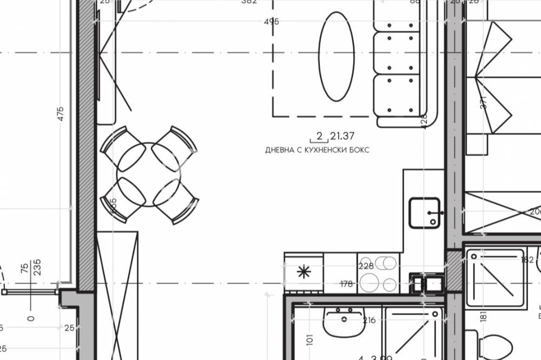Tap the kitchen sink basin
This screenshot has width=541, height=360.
(x=424, y=212)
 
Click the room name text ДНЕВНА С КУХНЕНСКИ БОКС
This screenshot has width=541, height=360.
(x=317, y=150)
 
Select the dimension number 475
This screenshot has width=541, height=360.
(x=60, y=114)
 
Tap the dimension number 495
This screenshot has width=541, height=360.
(x=272, y=22)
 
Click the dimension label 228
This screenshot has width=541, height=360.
(x=366, y=265)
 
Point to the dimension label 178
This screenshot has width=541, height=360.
(x=346, y=284)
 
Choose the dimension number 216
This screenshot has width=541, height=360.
(x=369, y=321)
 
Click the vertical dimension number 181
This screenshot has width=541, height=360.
(x=483, y=315)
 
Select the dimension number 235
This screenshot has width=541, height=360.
(x=37, y=267)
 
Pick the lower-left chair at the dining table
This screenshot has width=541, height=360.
(x=120, y=202)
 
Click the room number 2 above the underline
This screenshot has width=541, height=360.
(x=319, y=136)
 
